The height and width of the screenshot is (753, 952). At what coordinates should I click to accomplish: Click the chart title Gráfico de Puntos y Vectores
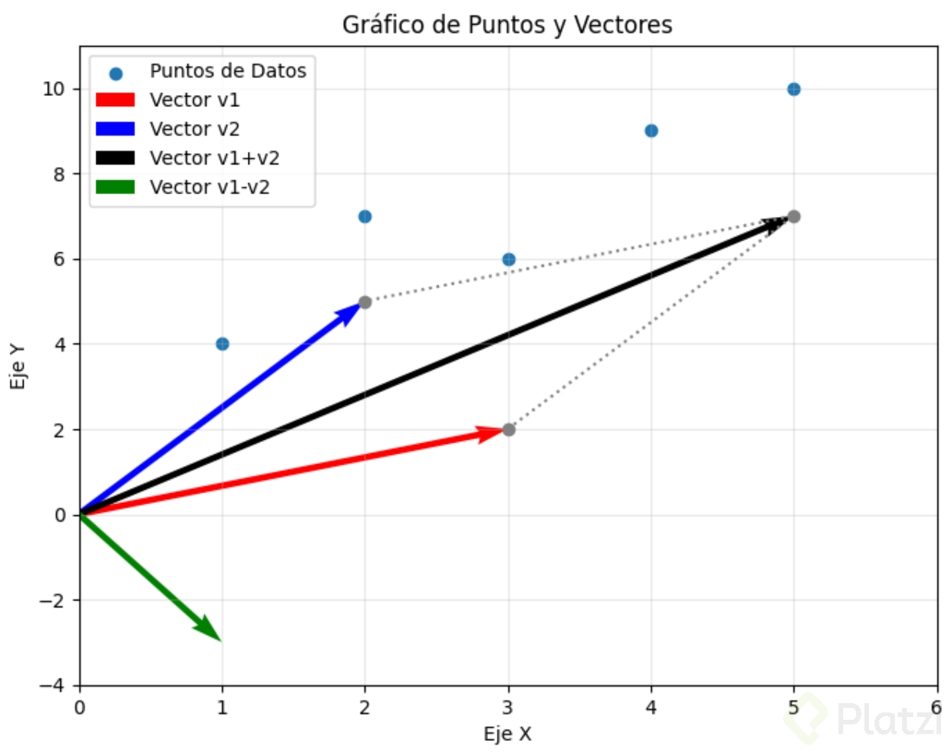pos(506,25)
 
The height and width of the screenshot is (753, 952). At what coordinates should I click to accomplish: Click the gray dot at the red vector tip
pos(508,430)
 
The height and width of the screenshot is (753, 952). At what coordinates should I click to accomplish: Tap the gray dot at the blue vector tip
pos(364,302)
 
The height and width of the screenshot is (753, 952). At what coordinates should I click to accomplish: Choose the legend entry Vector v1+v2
pos(214,158)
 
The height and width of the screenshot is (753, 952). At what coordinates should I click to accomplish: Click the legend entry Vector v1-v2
pos(214,187)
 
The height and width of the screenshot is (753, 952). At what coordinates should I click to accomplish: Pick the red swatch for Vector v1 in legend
pos(114,99)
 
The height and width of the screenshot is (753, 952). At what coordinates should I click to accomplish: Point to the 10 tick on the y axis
pos(56,89)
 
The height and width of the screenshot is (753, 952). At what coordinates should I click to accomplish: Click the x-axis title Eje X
pos(507,735)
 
